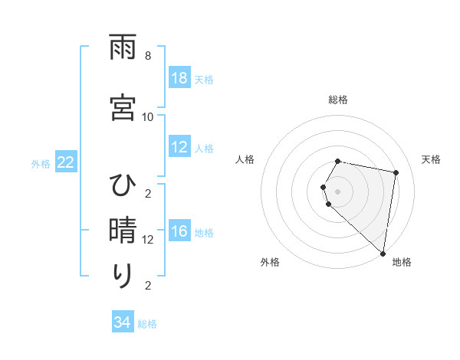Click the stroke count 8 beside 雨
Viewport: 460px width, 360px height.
click(147, 56)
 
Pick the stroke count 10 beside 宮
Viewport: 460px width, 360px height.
click(147, 116)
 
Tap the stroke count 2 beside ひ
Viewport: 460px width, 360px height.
click(147, 193)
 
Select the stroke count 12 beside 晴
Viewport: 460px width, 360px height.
click(147, 240)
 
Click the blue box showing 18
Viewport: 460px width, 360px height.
click(179, 78)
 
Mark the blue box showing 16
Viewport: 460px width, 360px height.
click(179, 232)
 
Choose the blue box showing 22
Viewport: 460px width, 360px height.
click(65, 162)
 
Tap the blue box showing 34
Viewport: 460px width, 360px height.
click(123, 322)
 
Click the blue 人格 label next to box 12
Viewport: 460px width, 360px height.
click(204, 149)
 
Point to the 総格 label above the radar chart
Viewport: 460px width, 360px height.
click(338, 100)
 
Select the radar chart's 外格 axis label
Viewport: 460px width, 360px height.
click(270, 262)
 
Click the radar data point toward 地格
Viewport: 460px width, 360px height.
click(383, 253)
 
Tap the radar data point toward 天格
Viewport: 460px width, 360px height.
click(396, 172)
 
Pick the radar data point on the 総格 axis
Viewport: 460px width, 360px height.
click(338, 161)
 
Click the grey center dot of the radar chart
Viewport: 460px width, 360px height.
click(338, 191)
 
